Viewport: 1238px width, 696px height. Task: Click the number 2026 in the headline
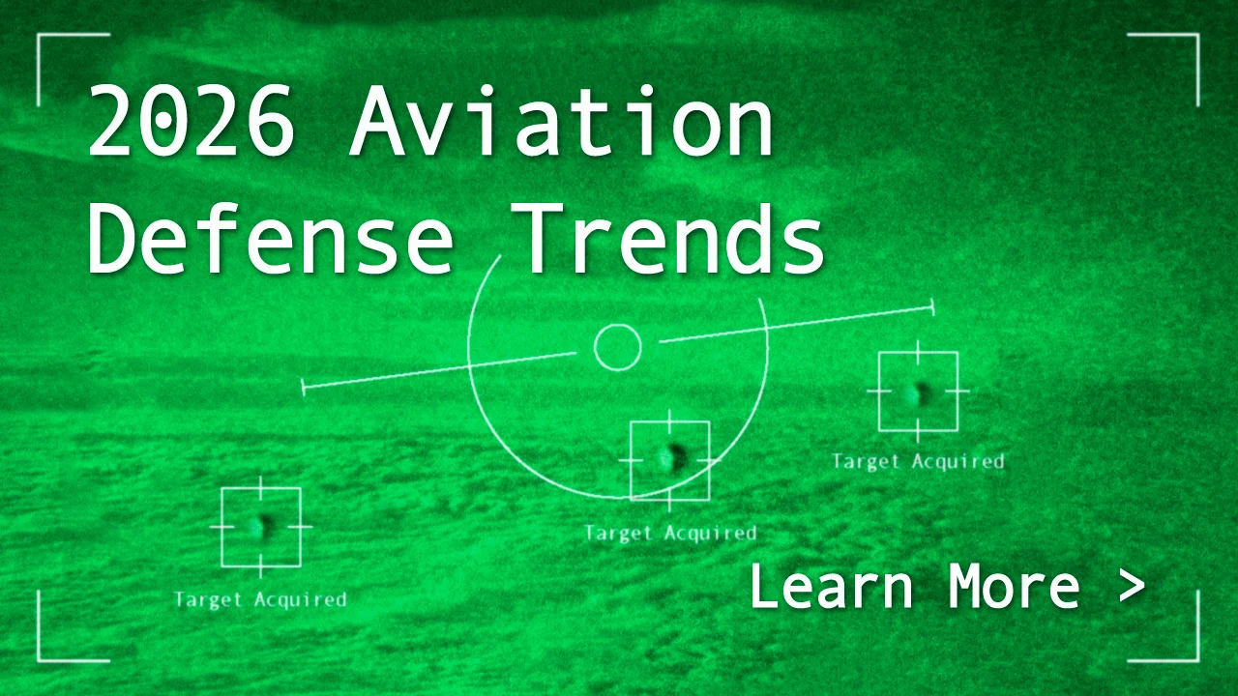pos(191,121)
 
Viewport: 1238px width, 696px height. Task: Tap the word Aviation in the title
pos(562,121)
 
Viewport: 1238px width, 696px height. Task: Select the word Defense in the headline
pos(270,238)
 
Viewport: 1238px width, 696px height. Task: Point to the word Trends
pos(667,238)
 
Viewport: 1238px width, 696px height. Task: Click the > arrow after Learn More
pos(1132,587)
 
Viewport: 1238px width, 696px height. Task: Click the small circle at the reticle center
pos(618,347)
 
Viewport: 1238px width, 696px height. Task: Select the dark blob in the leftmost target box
pos(261,527)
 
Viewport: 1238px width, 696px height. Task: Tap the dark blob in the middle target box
pos(671,458)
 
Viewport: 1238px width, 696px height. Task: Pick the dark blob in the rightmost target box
pos(918,392)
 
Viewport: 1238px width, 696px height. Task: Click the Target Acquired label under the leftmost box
pos(260,600)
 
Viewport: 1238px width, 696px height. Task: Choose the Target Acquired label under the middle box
pos(670,534)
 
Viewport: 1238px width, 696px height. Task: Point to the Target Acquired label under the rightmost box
pos(918,462)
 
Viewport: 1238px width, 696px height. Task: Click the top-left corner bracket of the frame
pos(38,34)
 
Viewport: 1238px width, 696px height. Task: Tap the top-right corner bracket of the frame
pos(1198,34)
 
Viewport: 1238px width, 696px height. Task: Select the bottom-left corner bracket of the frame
pos(38,660)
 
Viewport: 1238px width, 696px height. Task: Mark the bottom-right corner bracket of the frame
pos(1198,660)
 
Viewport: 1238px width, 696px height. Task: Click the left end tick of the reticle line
pos(304,388)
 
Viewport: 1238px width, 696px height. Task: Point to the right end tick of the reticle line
pos(933,307)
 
